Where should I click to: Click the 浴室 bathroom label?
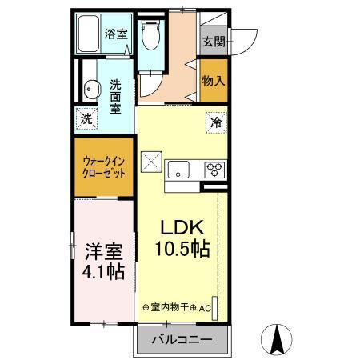click(115, 34)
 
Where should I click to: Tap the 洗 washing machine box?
click(87, 118)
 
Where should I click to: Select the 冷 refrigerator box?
click(216, 122)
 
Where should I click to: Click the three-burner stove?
click(216, 169)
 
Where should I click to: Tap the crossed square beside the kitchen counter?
click(151, 162)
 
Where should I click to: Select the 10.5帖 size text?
click(182, 249)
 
